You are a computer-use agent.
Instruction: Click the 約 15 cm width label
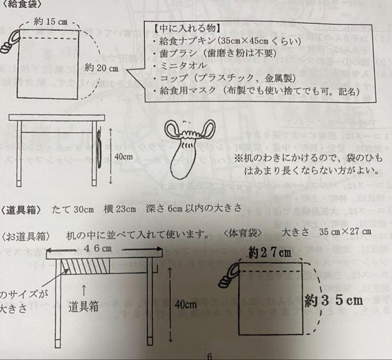(51, 21)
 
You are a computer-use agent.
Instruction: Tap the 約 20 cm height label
(101, 68)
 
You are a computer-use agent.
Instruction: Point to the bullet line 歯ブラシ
(214, 53)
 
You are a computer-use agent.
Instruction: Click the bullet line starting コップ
(225, 78)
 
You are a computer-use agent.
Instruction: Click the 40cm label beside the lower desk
(185, 305)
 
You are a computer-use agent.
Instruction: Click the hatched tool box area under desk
(85, 267)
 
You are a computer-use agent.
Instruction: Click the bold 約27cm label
(270, 253)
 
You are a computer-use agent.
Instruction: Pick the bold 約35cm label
(334, 301)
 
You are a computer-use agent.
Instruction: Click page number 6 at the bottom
(209, 356)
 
